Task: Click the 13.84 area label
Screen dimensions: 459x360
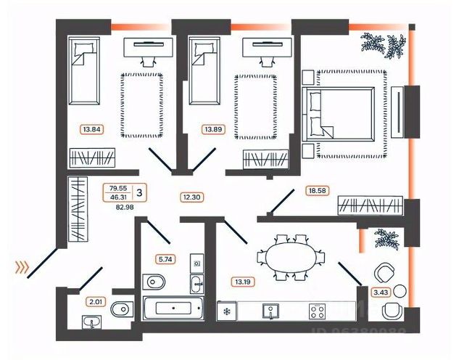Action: pyautogui.click(x=91, y=130)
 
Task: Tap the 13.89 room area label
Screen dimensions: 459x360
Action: pyautogui.click(x=212, y=130)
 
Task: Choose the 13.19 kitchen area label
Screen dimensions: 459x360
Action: pyautogui.click(x=242, y=282)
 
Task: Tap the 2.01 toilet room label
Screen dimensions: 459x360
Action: pyautogui.click(x=96, y=301)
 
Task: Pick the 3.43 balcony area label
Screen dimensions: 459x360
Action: pyautogui.click(x=379, y=293)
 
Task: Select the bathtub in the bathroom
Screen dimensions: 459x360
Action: pyautogui.click(x=172, y=308)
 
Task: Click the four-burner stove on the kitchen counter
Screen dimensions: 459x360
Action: pyautogui.click(x=317, y=311)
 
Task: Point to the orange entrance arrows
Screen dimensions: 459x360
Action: pyautogui.click(x=22, y=267)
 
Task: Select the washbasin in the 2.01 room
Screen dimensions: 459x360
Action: pyautogui.click(x=91, y=322)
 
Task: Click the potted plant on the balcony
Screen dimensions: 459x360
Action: pyautogui.click(x=385, y=239)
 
